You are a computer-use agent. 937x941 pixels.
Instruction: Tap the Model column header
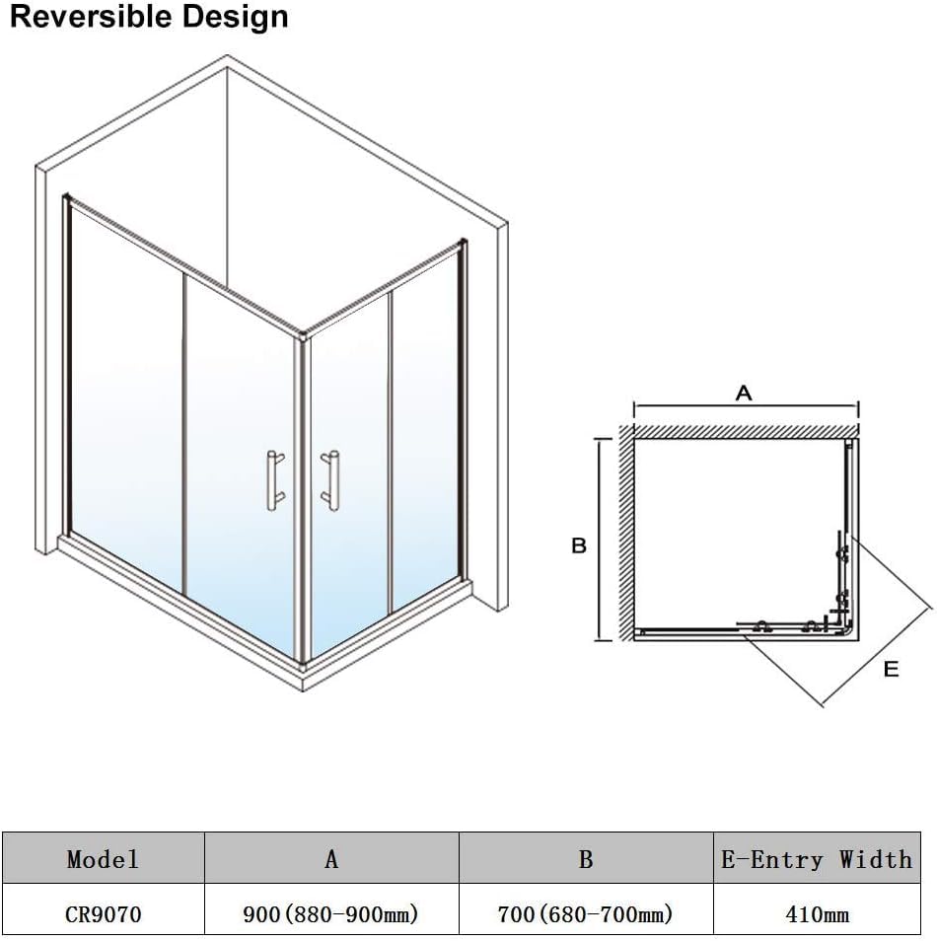[x=103, y=859]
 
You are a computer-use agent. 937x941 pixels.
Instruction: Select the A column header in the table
[x=331, y=859]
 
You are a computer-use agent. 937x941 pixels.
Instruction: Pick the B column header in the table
[x=586, y=859]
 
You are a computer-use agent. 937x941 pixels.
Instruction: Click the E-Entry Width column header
[x=817, y=859]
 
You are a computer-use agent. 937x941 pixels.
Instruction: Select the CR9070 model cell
[x=103, y=914]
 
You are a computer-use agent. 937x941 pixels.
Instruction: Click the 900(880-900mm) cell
[x=330, y=914]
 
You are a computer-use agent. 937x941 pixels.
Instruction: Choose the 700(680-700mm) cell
[x=585, y=914]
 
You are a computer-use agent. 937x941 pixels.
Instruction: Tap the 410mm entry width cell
[x=817, y=914]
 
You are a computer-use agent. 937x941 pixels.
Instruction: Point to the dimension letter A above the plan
[x=744, y=394]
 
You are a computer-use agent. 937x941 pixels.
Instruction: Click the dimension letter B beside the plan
[x=579, y=545]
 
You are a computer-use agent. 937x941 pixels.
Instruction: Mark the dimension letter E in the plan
[x=892, y=669]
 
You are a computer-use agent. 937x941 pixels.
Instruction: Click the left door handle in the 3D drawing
[x=275, y=480]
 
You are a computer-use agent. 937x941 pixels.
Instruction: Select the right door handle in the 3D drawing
[x=330, y=480]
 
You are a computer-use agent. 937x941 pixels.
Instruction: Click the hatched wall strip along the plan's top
[x=746, y=431]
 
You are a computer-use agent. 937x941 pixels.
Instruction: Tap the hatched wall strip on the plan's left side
[x=626, y=533]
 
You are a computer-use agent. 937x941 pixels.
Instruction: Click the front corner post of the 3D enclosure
[x=302, y=499]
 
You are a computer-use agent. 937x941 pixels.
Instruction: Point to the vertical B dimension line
[x=600, y=540]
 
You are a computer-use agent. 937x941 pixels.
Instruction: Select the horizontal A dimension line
[x=746, y=405]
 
